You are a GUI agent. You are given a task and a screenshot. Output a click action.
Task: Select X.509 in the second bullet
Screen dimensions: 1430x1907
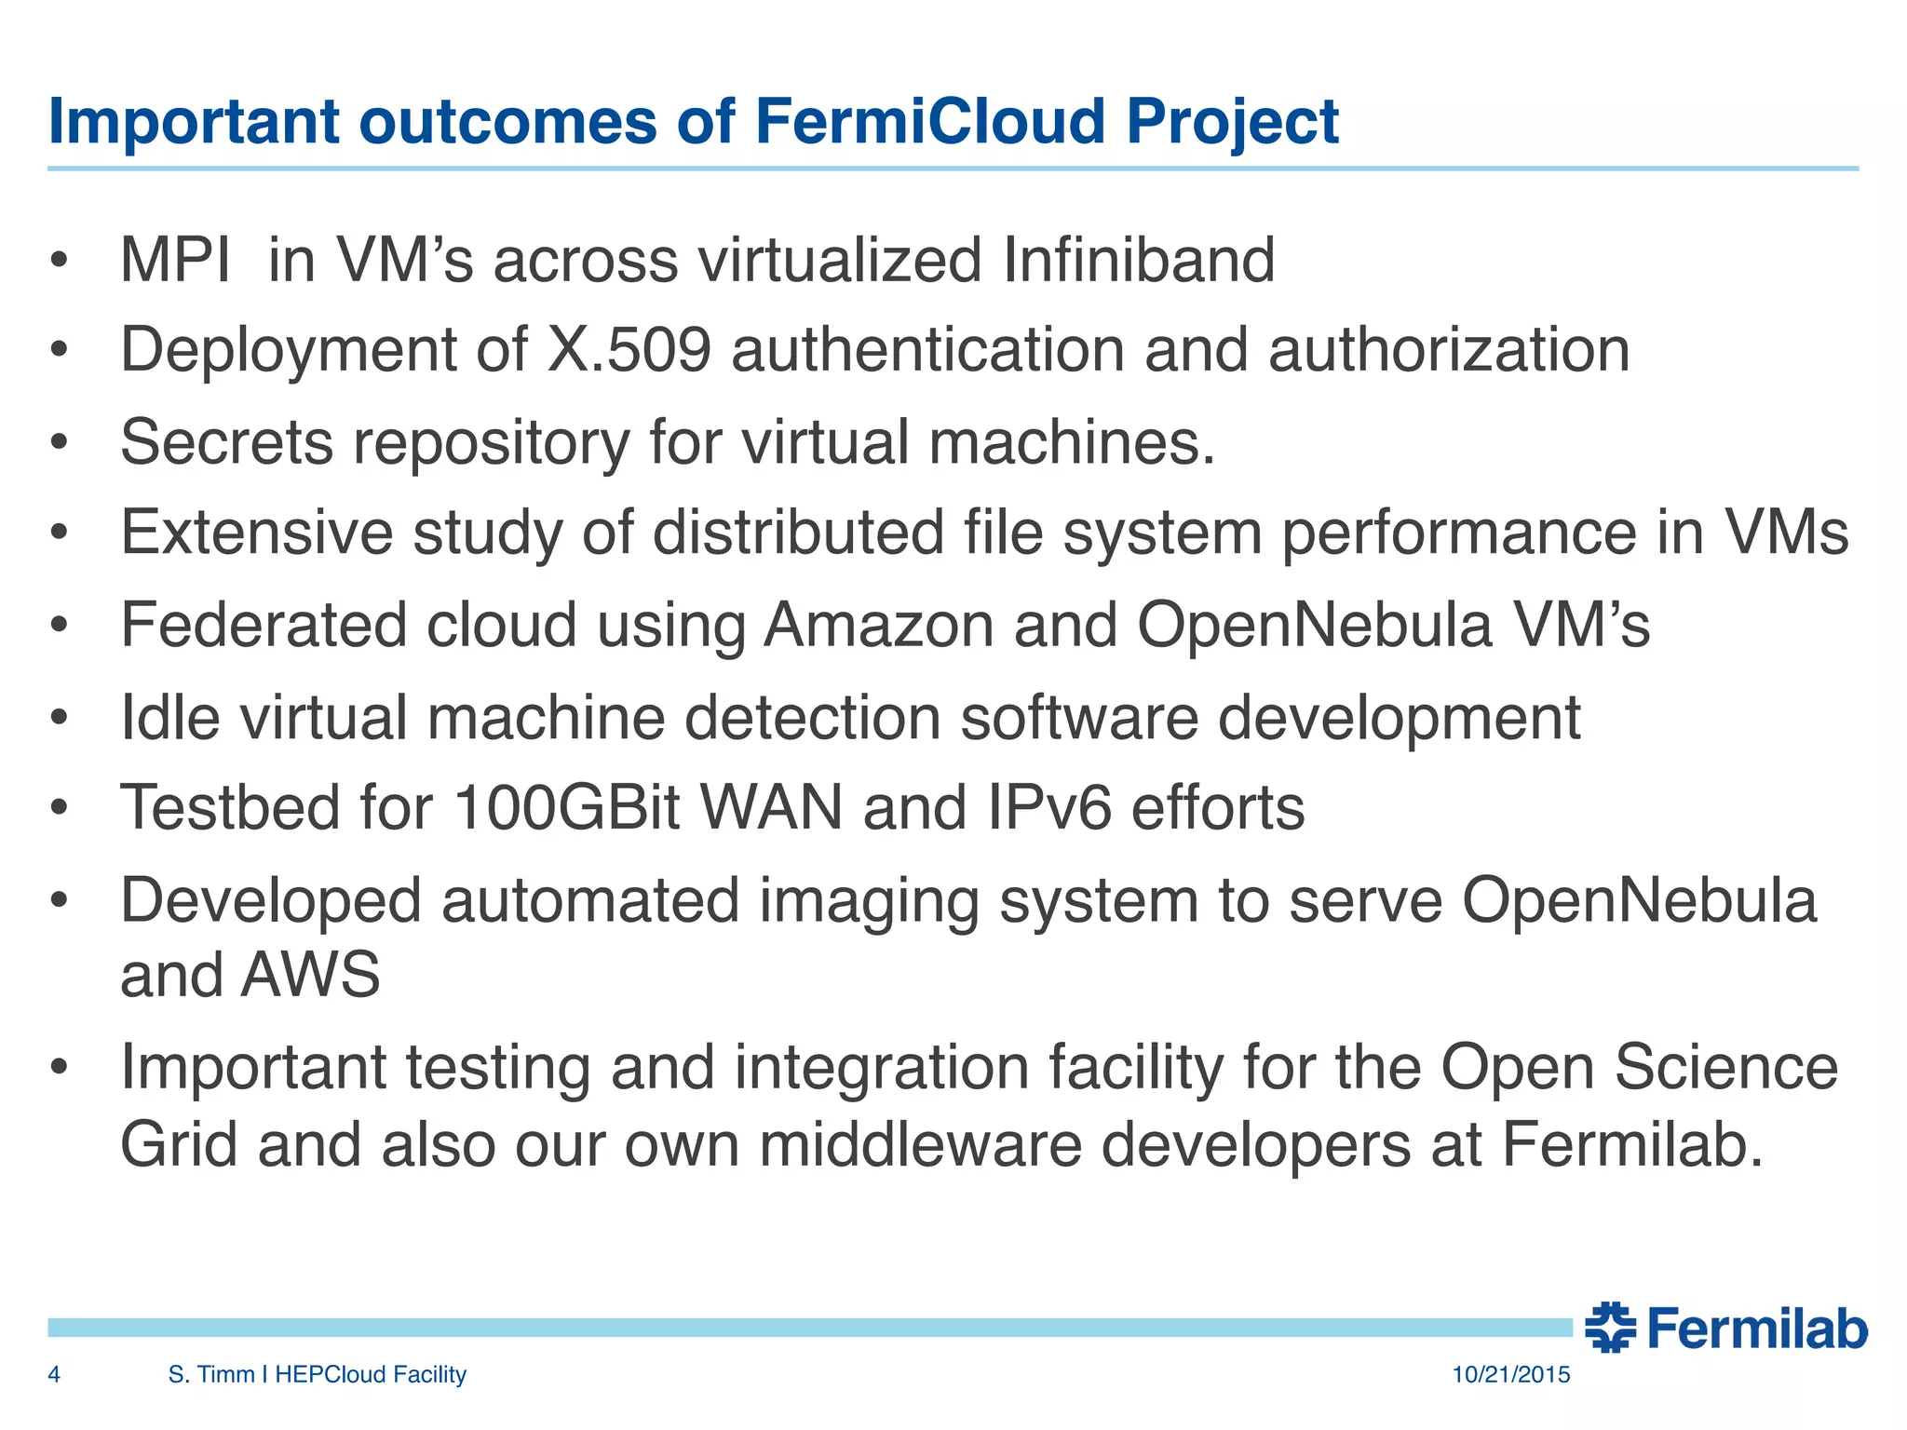coord(629,350)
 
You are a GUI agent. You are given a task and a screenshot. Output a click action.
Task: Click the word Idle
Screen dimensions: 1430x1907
coord(170,717)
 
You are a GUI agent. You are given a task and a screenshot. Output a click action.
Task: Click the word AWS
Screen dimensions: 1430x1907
coord(310,975)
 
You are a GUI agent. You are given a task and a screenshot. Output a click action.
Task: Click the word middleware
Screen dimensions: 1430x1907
coord(920,1144)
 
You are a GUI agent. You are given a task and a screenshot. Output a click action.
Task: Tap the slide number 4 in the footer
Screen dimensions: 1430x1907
coord(54,1374)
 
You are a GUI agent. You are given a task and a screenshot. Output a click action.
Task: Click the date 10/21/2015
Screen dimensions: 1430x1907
coord(1510,1374)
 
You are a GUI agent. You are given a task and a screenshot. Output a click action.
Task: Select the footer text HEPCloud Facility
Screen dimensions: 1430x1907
coord(370,1374)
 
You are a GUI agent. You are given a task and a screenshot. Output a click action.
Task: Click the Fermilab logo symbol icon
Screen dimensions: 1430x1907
coord(1610,1328)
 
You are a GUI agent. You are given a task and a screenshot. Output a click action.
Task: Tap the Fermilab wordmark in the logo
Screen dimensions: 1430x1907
coord(1756,1329)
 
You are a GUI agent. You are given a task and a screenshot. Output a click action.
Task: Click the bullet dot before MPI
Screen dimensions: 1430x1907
coord(60,262)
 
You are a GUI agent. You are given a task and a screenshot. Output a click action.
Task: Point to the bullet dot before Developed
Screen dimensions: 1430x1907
coord(60,901)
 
